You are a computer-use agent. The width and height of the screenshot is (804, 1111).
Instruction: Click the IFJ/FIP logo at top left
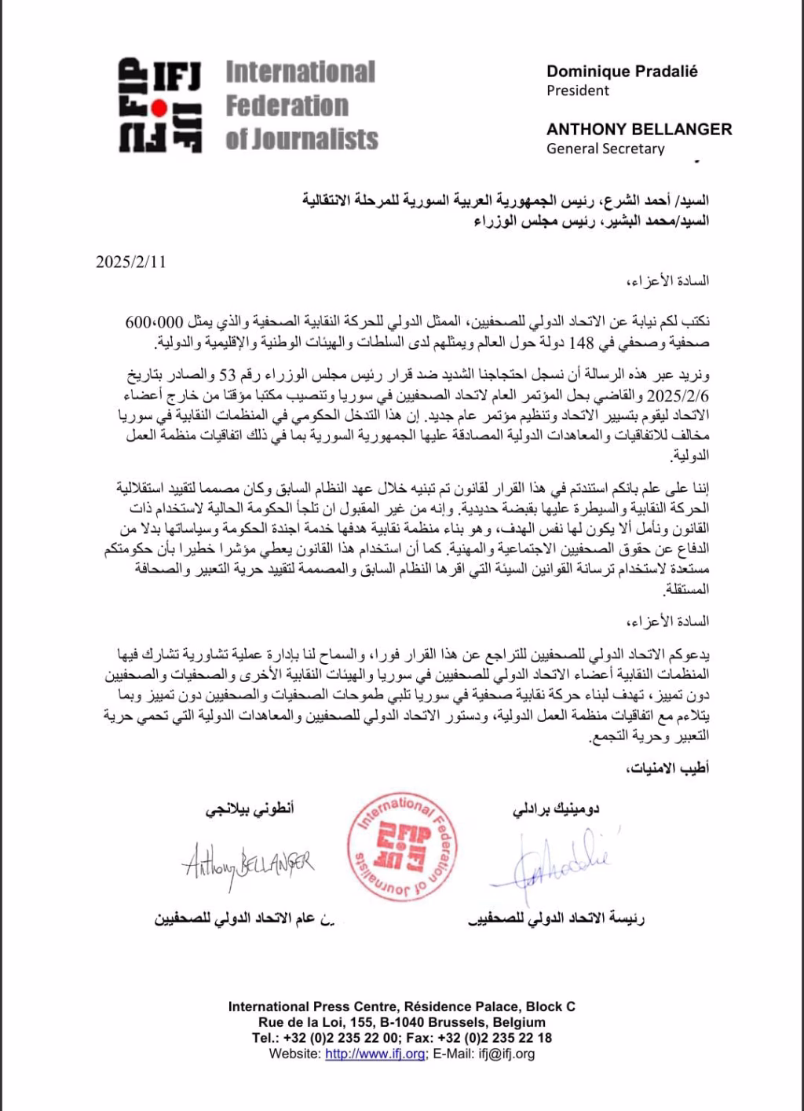click(x=160, y=104)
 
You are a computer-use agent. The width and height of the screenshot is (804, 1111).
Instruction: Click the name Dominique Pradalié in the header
click(x=622, y=71)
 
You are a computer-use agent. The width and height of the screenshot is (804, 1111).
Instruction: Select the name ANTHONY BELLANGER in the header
click(x=639, y=130)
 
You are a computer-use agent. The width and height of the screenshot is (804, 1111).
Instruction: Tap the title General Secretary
click(x=605, y=148)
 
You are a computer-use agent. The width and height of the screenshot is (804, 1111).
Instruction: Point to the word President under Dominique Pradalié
click(x=578, y=90)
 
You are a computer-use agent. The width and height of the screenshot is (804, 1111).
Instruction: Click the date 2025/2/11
click(x=130, y=262)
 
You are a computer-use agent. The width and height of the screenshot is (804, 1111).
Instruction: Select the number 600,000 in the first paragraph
click(x=154, y=323)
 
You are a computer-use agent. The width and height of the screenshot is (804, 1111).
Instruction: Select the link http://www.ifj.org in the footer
click(x=375, y=1054)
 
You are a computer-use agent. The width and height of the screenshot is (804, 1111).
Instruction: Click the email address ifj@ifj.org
click(x=506, y=1054)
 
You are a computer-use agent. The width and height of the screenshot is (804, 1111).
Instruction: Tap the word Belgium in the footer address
click(x=519, y=1022)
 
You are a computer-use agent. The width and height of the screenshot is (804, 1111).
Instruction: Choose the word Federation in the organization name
click(x=287, y=105)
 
